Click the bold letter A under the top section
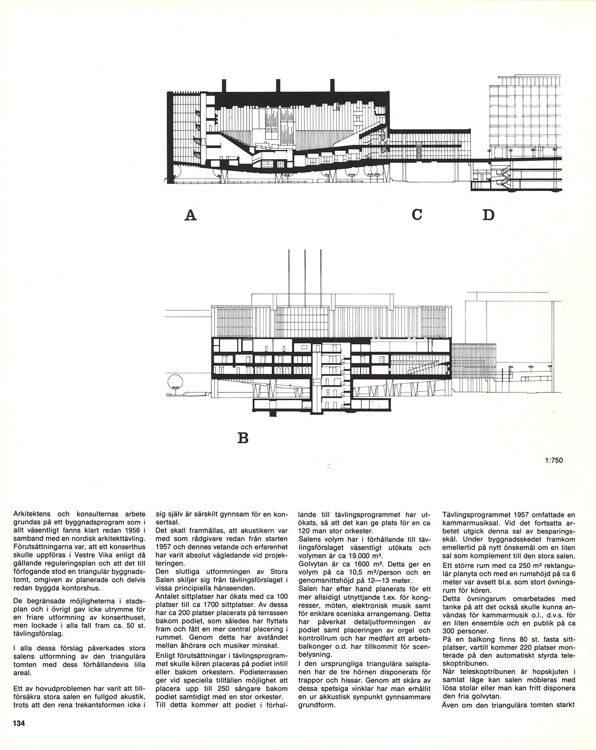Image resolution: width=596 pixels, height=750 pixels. tap(190, 215)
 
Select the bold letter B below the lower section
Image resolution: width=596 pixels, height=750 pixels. tap(243, 438)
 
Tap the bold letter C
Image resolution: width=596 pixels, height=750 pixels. tap(416, 214)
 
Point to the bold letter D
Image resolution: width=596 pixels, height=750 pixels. tap(489, 215)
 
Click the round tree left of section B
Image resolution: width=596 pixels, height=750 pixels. tap(174, 380)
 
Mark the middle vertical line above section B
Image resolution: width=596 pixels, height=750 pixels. tap(305, 270)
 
